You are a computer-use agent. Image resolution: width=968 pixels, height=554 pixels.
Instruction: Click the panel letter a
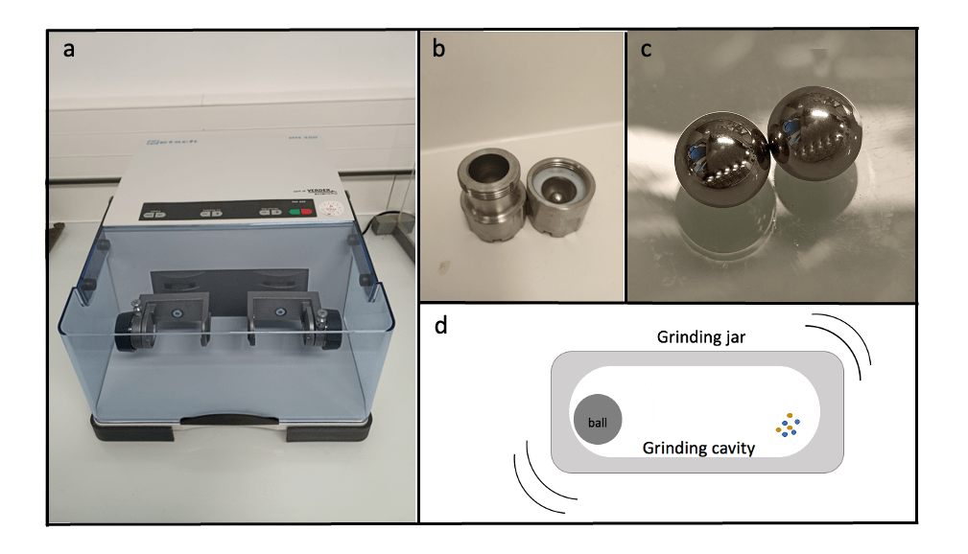point(68,50)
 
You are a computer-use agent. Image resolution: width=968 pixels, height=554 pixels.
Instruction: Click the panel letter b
point(438,50)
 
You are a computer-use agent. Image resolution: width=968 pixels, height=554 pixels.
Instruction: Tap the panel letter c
point(647,50)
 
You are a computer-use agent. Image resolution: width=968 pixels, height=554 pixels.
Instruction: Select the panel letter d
point(441,326)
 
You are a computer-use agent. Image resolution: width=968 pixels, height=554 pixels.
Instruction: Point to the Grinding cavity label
point(698,447)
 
